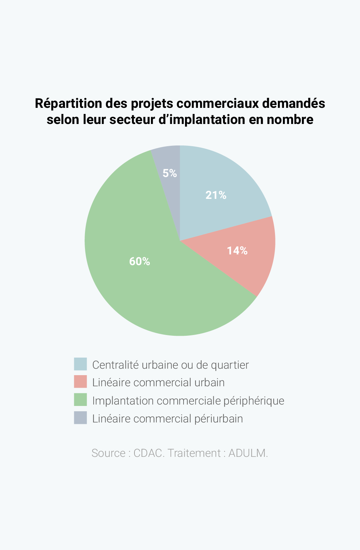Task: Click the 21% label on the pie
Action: pos(216,195)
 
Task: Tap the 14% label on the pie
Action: pos(237,251)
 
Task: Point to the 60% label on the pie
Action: pos(139,262)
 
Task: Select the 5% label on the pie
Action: pos(170,173)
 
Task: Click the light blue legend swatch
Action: pos(80,364)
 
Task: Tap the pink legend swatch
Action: pos(80,382)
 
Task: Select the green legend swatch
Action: pos(80,400)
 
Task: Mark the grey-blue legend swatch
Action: pos(80,418)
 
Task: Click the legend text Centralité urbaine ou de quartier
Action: pos(170,365)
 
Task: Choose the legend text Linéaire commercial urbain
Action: pos(158,383)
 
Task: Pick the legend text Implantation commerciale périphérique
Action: pos(188,401)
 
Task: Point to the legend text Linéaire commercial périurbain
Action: pos(167,419)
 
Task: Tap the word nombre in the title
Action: pos(290,119)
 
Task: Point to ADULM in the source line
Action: pos(247,453)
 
